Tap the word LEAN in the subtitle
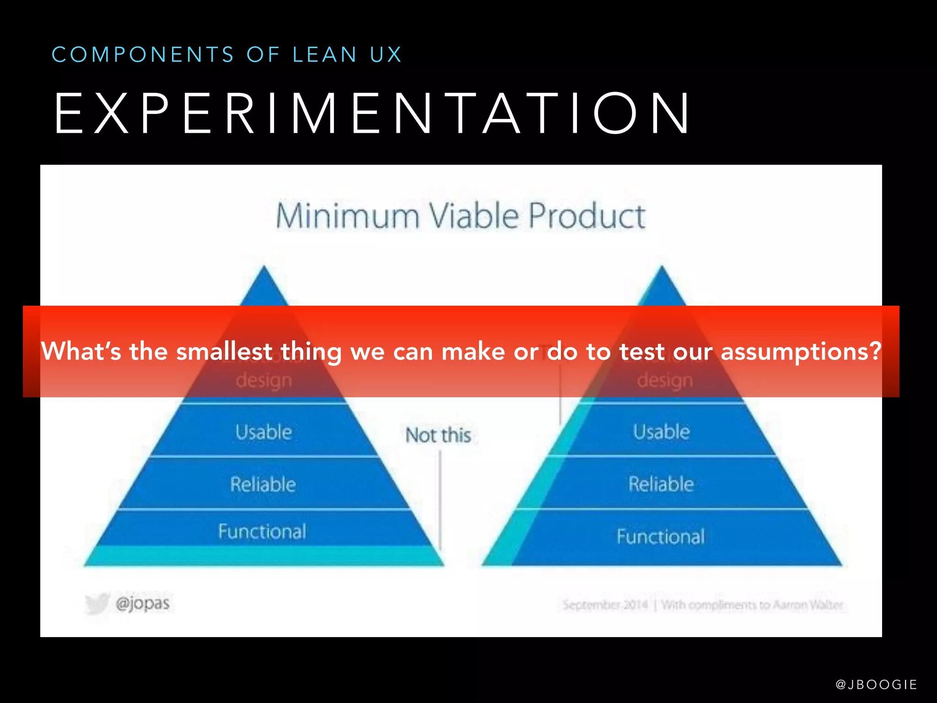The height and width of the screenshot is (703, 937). [x=325, y=55]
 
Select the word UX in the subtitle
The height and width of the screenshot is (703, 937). [x=386, y=55]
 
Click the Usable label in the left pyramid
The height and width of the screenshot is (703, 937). [x=264, y=432]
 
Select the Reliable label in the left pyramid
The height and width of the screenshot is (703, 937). [x=263, y=484]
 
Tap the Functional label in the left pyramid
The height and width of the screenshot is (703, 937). [x=262, y=531]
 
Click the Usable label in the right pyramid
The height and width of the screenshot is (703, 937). [x=661, y=432]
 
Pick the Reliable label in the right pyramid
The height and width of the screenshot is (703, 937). [x=661, y=484]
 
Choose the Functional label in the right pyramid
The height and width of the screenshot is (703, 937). [x=661, y=536]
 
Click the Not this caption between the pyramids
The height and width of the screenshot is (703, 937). [x=438, y=435]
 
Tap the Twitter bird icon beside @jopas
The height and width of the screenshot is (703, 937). [x=97, y=603]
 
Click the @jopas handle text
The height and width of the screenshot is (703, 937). [x=143, y=603]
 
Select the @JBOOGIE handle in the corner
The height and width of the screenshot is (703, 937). [x=876, y=684]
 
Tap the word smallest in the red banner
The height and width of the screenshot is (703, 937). [x=224, y=351]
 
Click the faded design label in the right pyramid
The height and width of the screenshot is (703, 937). [x=665, y=380]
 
